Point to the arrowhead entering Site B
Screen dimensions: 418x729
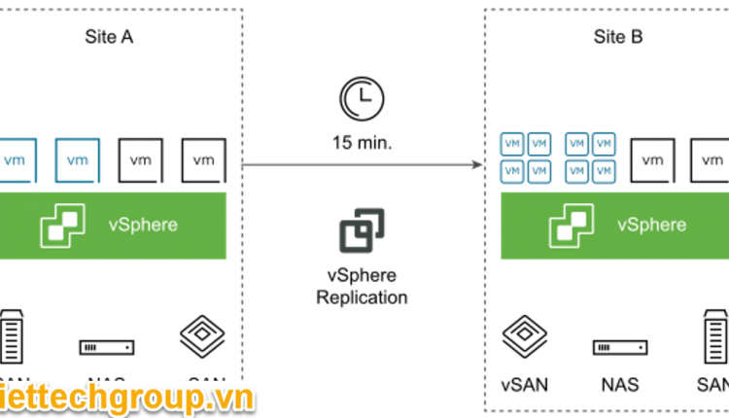(477, 165)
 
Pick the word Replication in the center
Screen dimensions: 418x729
(362, 297)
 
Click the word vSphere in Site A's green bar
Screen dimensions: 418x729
(143, 225)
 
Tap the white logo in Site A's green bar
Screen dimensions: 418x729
(63, 225)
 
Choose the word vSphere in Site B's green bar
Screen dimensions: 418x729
(651, 225)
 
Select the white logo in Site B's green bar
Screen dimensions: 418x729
(571, 225)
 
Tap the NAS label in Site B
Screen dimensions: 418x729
(618, 385)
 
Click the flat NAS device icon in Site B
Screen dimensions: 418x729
(618, 347)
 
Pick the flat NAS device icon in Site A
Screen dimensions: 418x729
(108, 347)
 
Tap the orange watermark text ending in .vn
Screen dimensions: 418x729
(126, 398)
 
